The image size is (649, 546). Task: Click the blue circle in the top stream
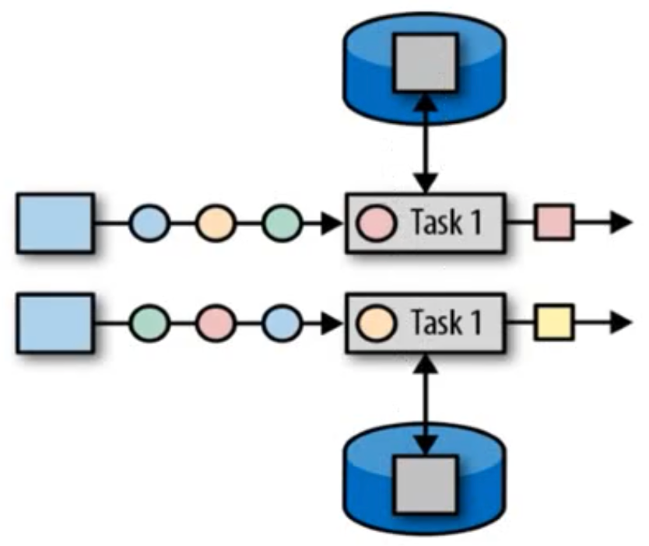149,223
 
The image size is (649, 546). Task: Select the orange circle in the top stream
216,223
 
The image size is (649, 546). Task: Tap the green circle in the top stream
282,223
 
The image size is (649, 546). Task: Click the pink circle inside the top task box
376,223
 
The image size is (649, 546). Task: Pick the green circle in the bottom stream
149,323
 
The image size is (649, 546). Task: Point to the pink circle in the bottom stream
216,323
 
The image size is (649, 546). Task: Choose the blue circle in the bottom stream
282,323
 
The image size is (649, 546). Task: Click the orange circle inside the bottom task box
376,323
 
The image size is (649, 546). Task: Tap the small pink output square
554,222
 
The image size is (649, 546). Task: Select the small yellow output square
554,323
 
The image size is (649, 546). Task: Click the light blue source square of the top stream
55,223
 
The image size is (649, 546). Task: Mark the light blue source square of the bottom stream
55,323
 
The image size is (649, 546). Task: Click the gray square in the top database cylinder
426,63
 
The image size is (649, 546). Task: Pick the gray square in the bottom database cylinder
426,485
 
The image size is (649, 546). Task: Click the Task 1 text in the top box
447,222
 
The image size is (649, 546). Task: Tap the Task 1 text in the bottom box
447,322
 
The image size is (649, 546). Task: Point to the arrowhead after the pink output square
621,222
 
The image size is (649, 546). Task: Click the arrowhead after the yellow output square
621,323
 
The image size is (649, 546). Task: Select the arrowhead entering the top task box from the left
332,223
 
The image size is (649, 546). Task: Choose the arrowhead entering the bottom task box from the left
332,323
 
